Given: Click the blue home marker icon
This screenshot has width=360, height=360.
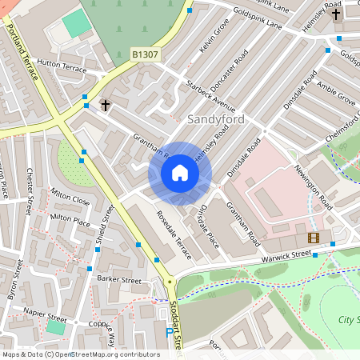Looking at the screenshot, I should point(180,173).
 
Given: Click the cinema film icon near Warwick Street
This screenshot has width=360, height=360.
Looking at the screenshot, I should point(313,237).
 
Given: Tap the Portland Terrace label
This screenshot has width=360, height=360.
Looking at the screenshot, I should point(22,53).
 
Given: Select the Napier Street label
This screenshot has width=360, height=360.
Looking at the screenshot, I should point(46,318).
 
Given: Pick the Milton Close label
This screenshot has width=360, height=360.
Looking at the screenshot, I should point(70,198).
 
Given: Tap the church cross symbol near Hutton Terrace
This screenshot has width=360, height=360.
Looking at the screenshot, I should point(104,105).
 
